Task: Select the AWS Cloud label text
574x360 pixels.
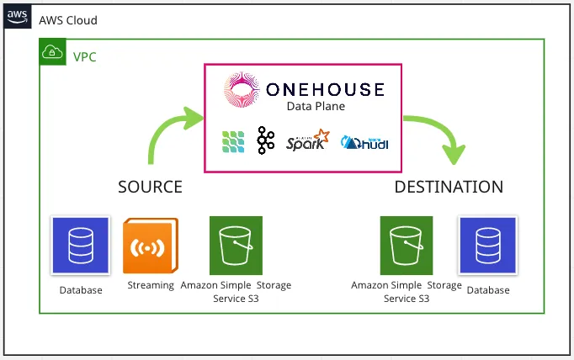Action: [68, 20]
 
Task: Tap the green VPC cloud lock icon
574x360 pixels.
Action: [50, 53]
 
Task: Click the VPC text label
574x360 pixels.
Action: [85, 58]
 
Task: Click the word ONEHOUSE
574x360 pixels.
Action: [324, 90]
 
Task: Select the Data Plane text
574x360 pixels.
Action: [316, 108]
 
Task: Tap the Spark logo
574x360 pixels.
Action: [308, 141]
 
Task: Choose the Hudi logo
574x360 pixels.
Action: [364, 142]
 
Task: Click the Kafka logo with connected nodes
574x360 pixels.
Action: [266, 141]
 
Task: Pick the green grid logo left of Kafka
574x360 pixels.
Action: [234, 142]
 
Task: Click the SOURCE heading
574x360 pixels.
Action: [150, 186]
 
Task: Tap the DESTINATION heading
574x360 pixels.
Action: [449, 186]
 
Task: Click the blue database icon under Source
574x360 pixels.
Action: [81, 245]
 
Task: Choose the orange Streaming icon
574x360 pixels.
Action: [151, 246]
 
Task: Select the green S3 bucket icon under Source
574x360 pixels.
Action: [236, 245]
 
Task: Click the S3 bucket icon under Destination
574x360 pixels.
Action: [407, 245]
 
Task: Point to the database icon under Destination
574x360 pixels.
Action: [488, 245]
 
